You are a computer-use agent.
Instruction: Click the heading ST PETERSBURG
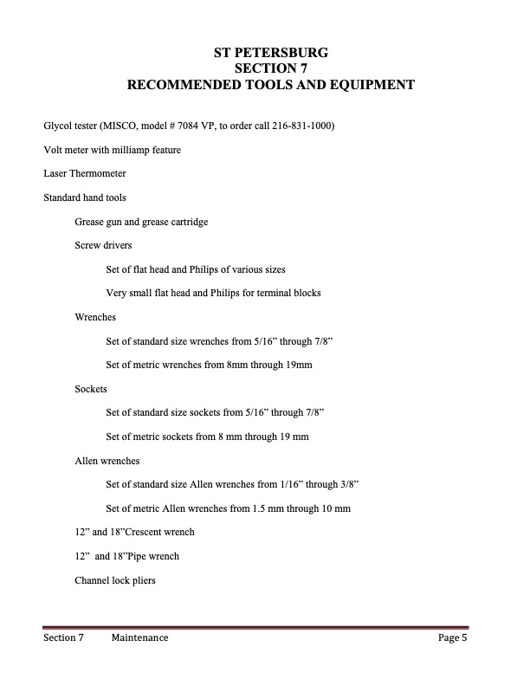(270, 53)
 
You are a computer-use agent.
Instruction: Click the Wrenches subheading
(95, 318)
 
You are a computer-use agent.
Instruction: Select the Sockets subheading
(91, 390)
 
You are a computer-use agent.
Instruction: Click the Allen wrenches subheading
(107, 461)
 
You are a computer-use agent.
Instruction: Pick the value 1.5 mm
(275, 508)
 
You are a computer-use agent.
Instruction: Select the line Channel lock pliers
(115, 580)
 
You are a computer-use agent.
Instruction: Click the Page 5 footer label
(452, 639)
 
